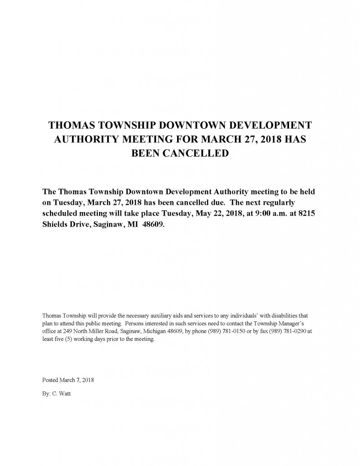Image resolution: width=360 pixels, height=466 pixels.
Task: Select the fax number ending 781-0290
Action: [x=289, y=332]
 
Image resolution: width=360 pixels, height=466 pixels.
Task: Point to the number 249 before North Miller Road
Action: [x=63, y=332]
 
